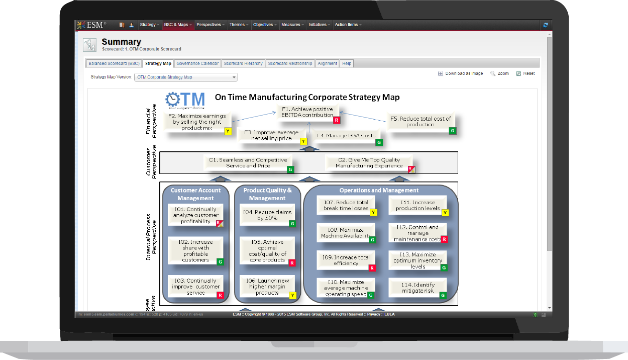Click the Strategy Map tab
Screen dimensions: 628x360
158,63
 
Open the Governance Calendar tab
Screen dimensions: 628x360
197,63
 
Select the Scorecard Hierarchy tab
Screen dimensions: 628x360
243,63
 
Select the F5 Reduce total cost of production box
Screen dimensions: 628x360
421,122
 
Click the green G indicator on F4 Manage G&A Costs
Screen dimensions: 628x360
379,142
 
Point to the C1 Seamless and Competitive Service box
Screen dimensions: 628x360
248,163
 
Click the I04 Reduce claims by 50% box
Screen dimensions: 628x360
267,215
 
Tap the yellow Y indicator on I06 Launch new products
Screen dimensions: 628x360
292,296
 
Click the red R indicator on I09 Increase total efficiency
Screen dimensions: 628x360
372,268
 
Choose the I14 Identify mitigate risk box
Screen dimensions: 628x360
417,288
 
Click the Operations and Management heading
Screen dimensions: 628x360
379,191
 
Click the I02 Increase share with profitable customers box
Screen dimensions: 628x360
195,251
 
